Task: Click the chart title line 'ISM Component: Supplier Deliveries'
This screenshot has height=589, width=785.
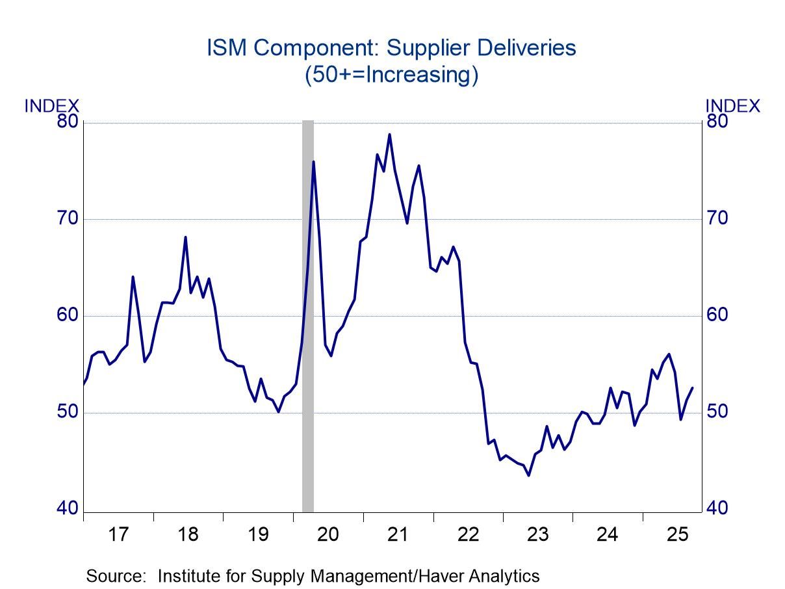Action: [391, 49]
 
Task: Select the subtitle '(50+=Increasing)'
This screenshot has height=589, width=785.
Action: [391, 75]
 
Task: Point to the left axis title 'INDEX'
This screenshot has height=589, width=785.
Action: [51, 106]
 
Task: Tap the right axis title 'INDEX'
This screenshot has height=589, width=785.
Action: [732, 106]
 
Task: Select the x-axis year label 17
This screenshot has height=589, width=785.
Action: [118, 535]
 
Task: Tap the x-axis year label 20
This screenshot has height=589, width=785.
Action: [328, 535]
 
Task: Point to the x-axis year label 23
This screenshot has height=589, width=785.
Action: [538, 535]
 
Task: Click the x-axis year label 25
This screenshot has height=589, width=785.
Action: [678, 535]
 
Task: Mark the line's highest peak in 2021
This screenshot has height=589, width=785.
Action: [389, 135]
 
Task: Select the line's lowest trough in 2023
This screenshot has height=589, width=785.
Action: [529, 475]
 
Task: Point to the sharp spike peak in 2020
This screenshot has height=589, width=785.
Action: [313, 161]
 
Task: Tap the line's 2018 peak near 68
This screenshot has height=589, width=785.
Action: [185, 237]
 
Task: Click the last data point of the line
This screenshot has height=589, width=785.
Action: [693, 387]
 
